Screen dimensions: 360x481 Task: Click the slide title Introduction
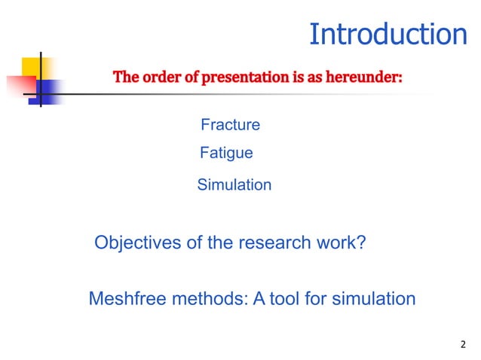click(x=388, y=35)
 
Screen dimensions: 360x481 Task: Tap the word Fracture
click(x=230, y=125)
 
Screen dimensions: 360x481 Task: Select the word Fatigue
click(x=226, y=154)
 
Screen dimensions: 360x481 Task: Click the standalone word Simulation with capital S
click(x=234, y=185)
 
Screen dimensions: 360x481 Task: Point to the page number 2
click(x=463, y=346)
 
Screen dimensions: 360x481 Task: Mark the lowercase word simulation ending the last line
click(x=370, y=299)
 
